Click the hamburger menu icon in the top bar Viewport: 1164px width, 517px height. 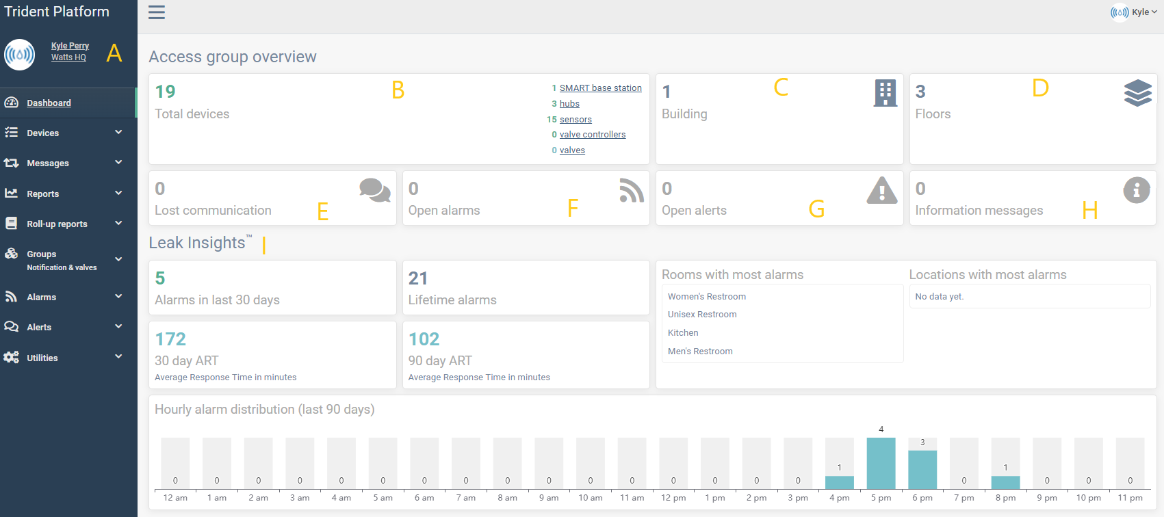pos(157,12)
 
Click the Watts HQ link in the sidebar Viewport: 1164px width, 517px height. pos(68,57)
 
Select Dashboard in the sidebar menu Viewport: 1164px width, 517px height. pos(49,103)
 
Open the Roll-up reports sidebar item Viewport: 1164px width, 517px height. pos(57,224)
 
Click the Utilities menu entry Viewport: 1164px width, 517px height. pos(42,358)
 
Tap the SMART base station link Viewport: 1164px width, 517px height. pos(600,88)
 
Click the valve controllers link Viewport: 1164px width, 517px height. pos(593,135)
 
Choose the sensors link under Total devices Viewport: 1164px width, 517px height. pos(575,120)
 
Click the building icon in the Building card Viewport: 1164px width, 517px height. pos(885,93)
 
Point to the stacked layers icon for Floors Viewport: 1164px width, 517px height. pos(1137,93)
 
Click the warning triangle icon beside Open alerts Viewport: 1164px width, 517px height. pos(881,191)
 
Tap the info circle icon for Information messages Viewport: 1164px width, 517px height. pos(1136,190)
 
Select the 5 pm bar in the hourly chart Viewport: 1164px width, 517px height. pos(881,463)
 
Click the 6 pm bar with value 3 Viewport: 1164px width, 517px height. pos(922,469)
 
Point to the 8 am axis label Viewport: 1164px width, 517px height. pos(507,498)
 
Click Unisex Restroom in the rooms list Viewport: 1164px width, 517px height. pos(702,315)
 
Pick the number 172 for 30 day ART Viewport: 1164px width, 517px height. pos(170,339)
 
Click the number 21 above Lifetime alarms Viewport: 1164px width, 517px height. pos(418,278)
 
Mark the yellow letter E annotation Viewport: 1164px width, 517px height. pos(323,212)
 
